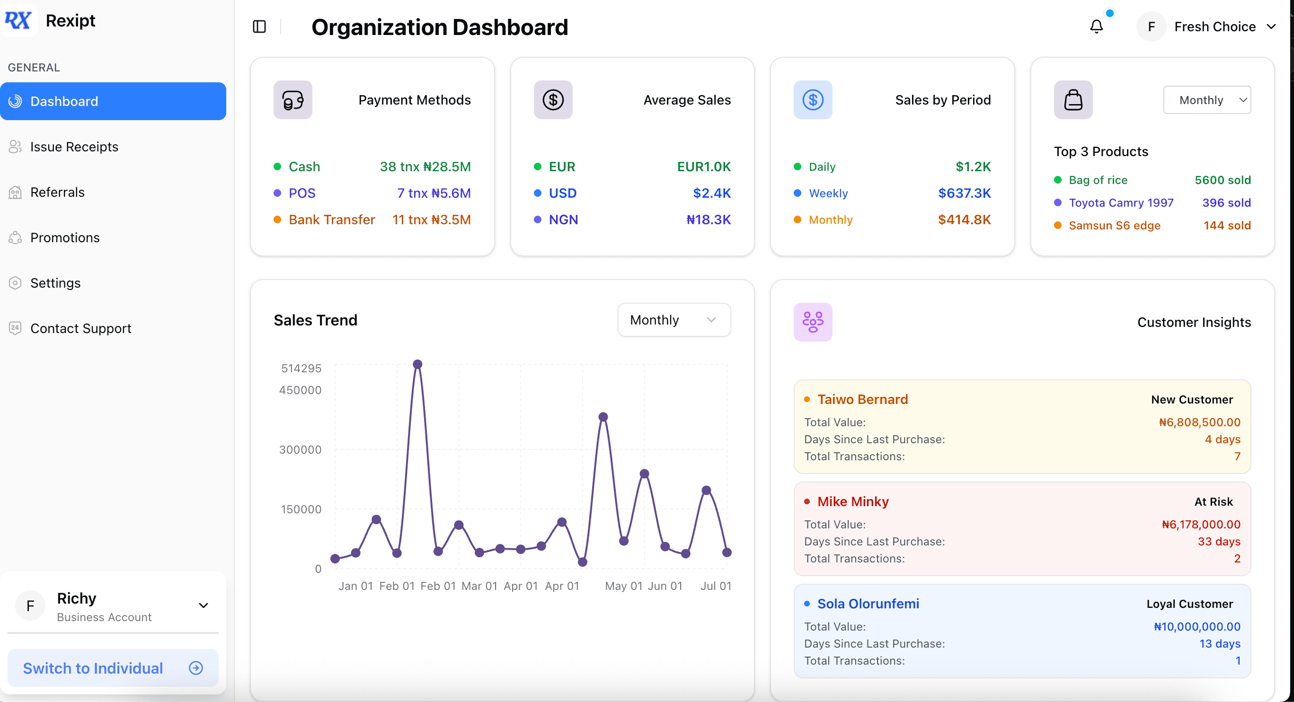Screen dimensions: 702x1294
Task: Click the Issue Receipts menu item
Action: coord(74,147)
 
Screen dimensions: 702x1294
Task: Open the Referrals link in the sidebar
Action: coord(57,193)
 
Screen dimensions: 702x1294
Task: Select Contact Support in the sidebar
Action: coord(80,328)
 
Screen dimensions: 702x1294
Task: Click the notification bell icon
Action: coord(1097,26)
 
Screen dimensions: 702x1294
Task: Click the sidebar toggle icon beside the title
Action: coord(259,26)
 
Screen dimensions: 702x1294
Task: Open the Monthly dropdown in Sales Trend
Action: coord(674,320)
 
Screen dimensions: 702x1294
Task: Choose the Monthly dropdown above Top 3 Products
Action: coord(1206,100)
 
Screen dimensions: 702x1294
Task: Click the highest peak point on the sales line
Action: coord(417,364)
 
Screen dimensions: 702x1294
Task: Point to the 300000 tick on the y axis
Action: coord(301,449)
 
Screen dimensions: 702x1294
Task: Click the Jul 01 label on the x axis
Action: coord(716,586)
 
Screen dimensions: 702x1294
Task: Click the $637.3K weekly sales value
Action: coord(964,193)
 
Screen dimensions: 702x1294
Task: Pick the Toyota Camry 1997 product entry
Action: coord(1121,202)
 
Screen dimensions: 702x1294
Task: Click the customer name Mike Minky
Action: coord(852,501)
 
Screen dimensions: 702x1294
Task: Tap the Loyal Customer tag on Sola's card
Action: coord(1189,604)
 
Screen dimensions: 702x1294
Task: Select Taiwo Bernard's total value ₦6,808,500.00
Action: coord(1199,422)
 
